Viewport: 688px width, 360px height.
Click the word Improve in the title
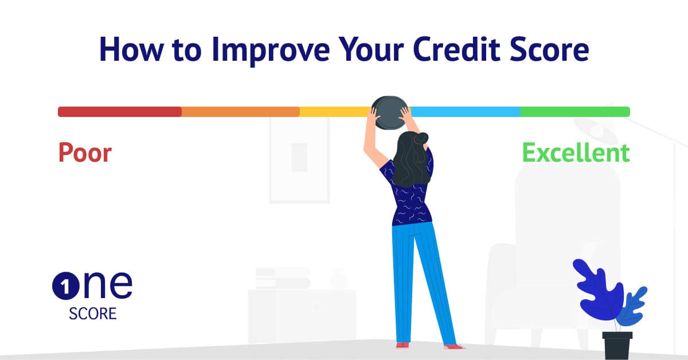[x=270, y=50]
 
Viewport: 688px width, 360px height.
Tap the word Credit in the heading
[x=457, y=49]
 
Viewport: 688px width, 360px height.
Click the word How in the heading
[x=131, y=49]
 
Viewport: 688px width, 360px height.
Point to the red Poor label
[x=85, y=152]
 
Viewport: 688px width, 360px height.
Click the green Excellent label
[x=576, y=152]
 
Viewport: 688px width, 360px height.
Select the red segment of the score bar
[x=120, y=112]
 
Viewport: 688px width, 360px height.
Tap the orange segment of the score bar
[x=240, y=112]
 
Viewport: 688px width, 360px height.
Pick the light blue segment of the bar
[x=466, y=112]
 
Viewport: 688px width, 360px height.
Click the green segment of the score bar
[x=575, y=112]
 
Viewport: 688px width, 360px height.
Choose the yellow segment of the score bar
[x=335, y=112]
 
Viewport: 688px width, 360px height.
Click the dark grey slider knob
[x=390, y=112]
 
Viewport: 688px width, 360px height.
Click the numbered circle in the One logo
[x=66, y=286]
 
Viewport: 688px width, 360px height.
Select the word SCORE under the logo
[x=93, y=314]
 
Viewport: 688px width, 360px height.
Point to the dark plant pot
[x=617, y=345]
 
